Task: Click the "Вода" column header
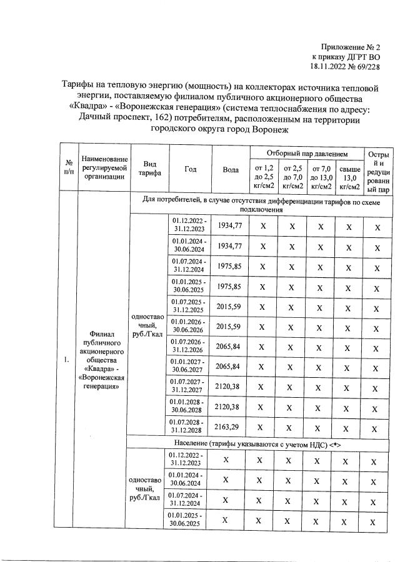(230, 169)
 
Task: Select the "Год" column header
(191, 169)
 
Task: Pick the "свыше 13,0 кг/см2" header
(349, 176)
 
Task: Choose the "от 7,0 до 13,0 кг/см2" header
(321, 176)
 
